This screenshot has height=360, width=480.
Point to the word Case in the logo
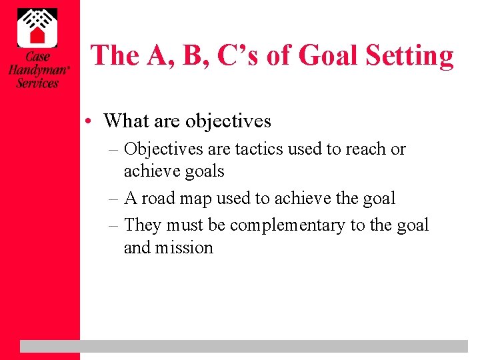tap(37, 58)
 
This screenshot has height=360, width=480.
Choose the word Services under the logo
tap(37, 83)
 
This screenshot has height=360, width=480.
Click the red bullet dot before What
tap(96, 121)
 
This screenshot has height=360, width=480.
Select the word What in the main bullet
tap(126, 121)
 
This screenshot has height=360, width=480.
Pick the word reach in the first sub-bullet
tap(366, 149)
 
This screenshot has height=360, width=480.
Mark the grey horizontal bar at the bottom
tap(244, 346)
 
